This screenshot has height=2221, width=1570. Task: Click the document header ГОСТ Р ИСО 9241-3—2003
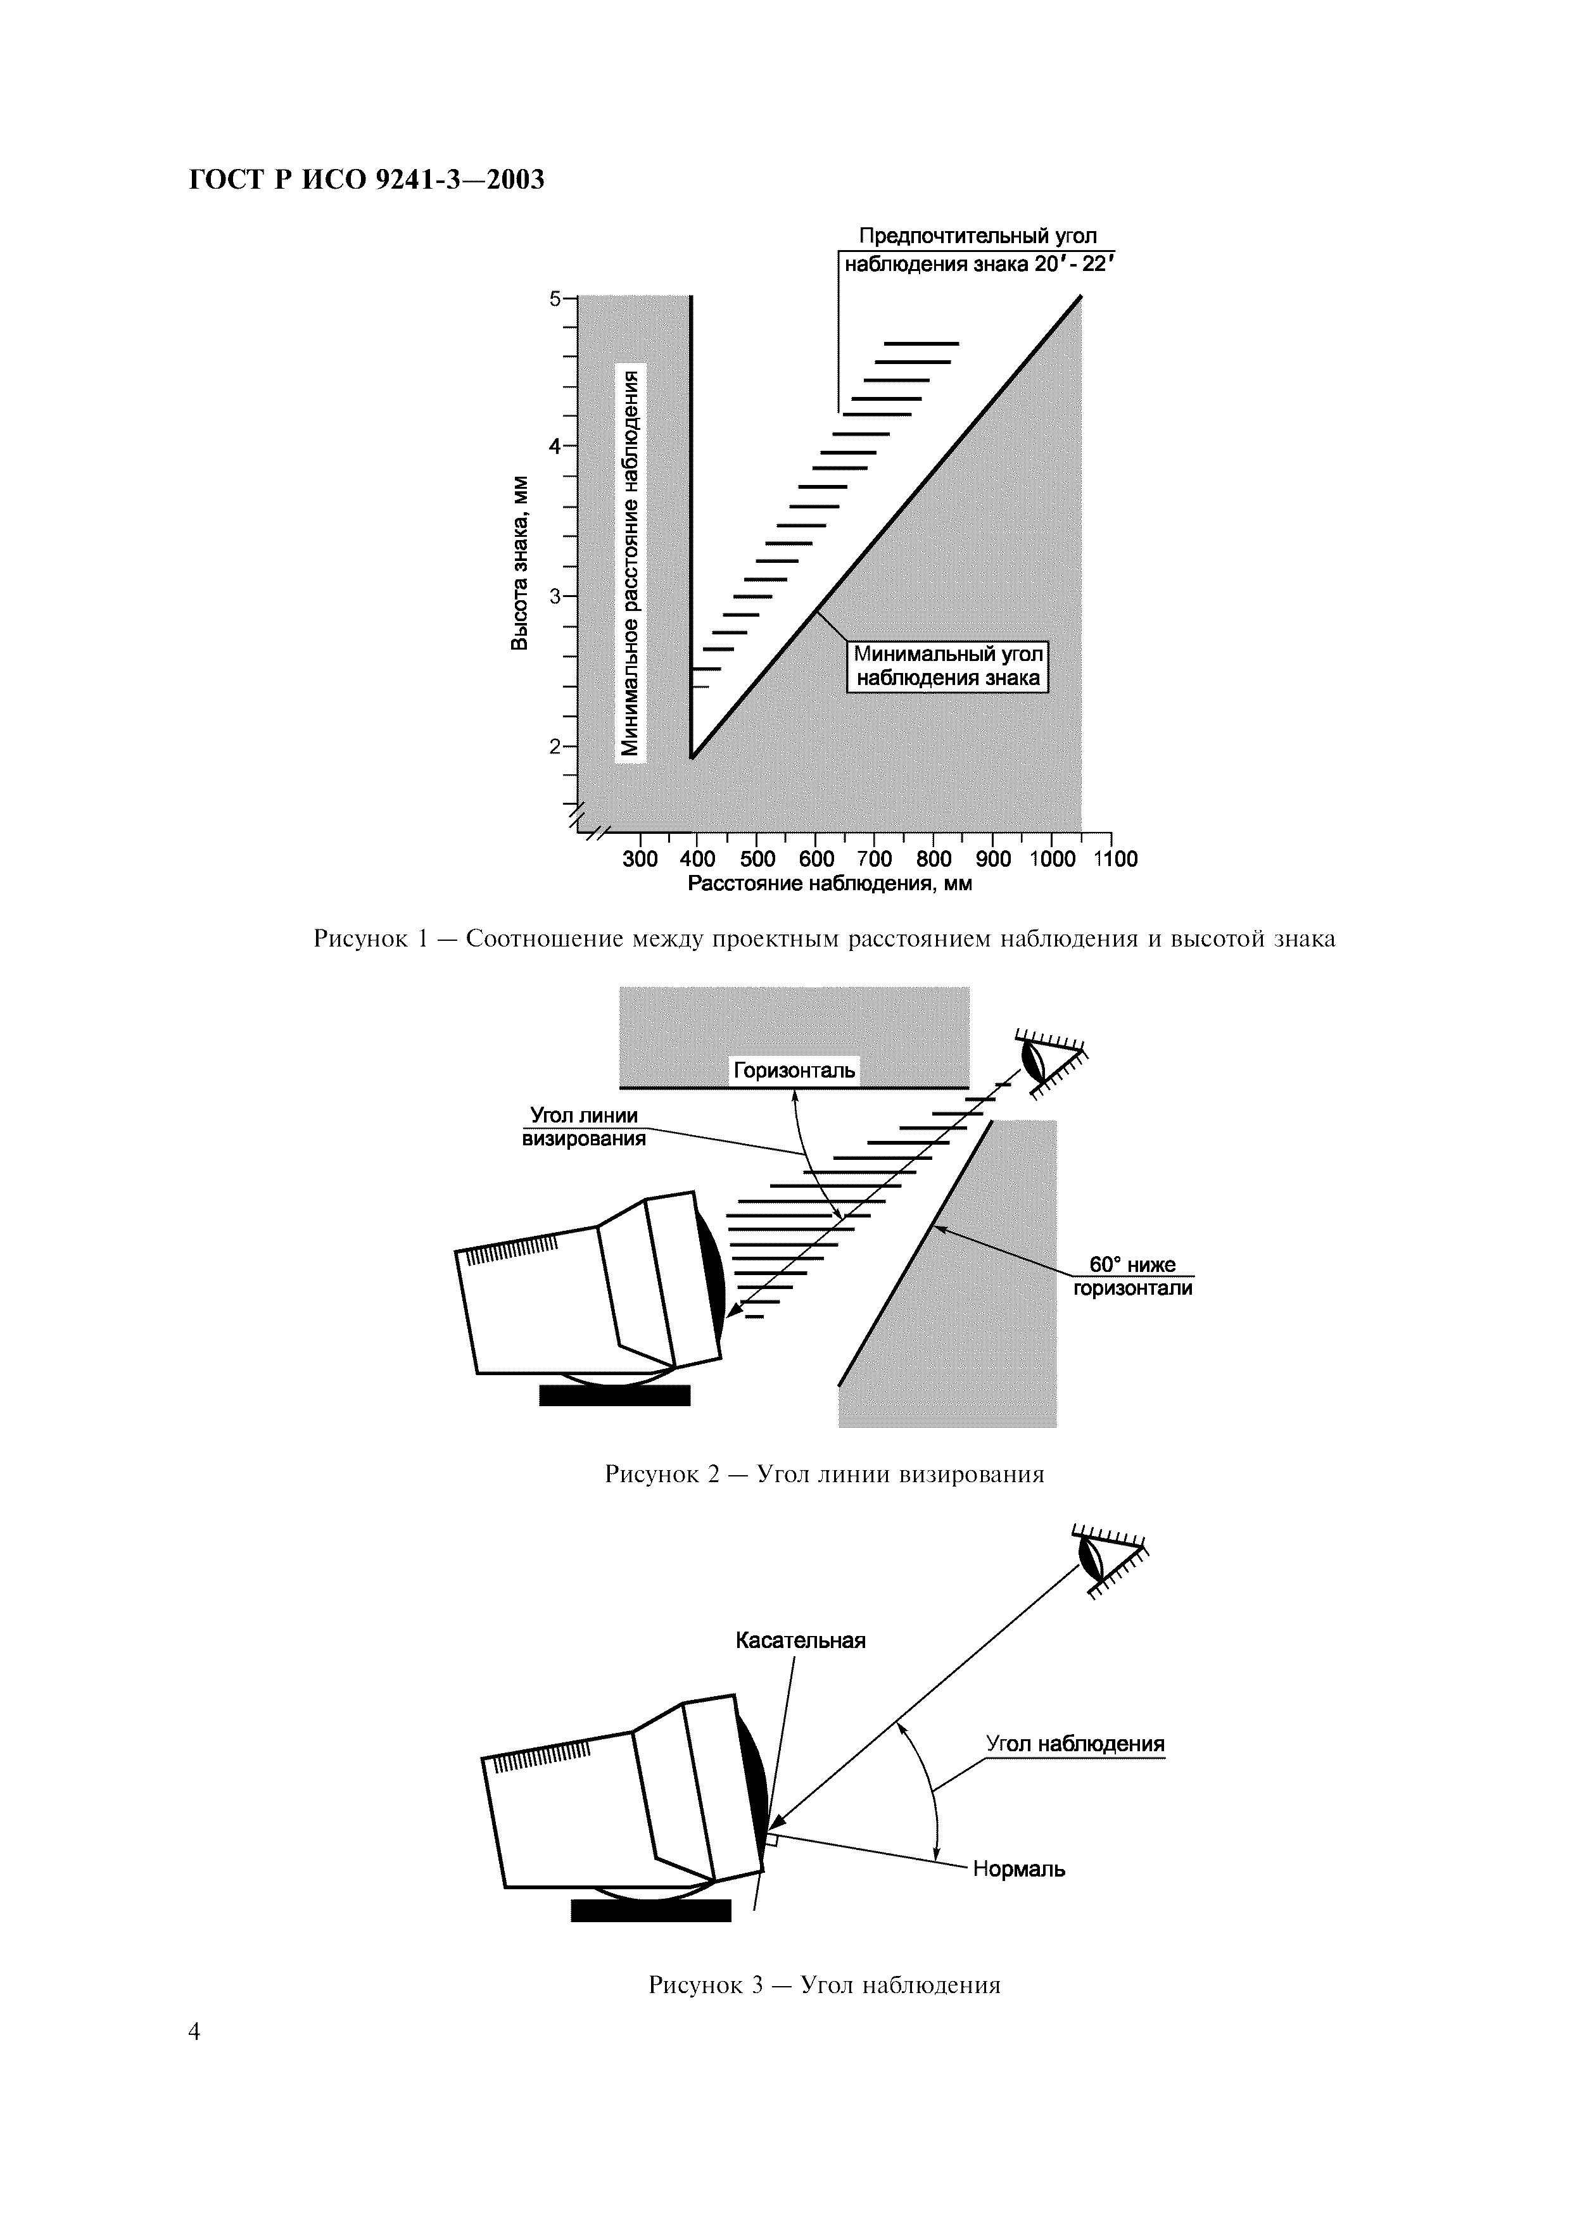pyautogui.click(x=365, y=180)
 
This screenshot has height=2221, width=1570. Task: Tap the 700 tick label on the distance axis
pyautogui.click(x=875, y=859)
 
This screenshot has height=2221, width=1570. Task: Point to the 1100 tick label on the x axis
pyautogui.click(x=1115, y=859)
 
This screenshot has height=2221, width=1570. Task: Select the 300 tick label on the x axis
pyautogui.click(x=640, y=859)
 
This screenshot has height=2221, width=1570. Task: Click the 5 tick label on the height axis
pyautogui.click(x=555, y=299)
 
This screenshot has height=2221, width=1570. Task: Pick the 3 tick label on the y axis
pyautogui.click(x=555, y=597)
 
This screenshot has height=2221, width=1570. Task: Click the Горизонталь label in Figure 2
pyautogui.click(x=793, y=1071)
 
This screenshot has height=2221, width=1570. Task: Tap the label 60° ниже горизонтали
pyautogui.click(x=1132, y=1276)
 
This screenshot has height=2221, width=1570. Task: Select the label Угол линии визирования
pyautogui.click(x=585, y=1127)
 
